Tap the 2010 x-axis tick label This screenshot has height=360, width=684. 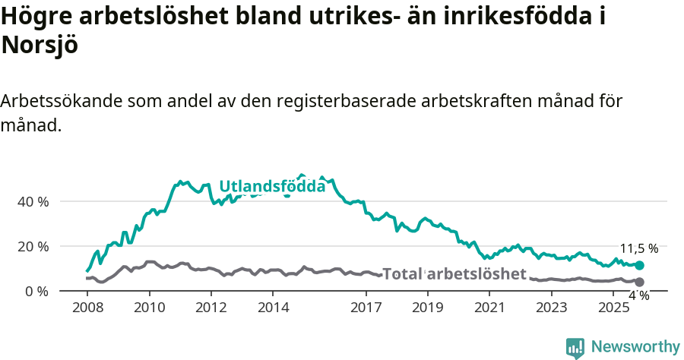click(x=149, y=308)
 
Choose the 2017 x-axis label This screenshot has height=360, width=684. click(x=366, y=308)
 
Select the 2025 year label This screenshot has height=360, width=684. click(x=614, y=308)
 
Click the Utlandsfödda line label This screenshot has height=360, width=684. click(x=272, y=186)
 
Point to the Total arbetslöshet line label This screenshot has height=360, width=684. click(x=454, y=274)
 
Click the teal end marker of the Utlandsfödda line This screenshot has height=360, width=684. click(x=640, y=266)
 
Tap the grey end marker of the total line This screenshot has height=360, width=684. click(x=640, y=282)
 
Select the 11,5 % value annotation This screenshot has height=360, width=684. click(x=639, y=248)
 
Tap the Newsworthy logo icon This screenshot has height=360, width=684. click(x=575, y=348)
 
